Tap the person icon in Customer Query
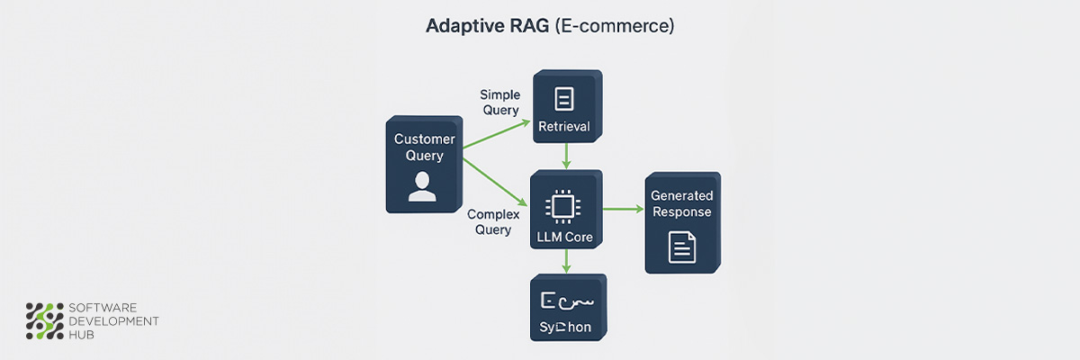[419, 186]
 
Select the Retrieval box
[566, 106]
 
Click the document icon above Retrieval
[564, 98]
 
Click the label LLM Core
[565, 237]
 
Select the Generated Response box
[681, 220]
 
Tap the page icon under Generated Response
[681, 247]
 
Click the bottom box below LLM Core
[566, 306]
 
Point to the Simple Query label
[499, 102]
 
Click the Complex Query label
[490, 222]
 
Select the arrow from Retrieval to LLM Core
[565, 154]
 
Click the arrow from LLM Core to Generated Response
[624, 210]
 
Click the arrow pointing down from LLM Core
[565, 262]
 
